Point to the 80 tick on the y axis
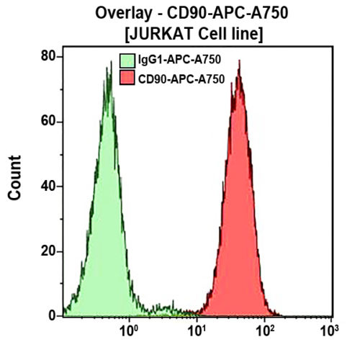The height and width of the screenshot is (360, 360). click(49, 55)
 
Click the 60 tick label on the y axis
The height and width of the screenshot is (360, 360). click(49, 120)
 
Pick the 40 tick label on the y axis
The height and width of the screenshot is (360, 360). click(49, 186)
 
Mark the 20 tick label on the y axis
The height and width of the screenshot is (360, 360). click(49, 251)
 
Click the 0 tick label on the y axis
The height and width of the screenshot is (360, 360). click(53, 315)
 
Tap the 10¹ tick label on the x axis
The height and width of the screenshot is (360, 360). click(196, 331)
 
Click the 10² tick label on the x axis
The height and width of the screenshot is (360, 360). click(264, 331)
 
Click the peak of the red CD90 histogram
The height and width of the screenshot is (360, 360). click(238, 62)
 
